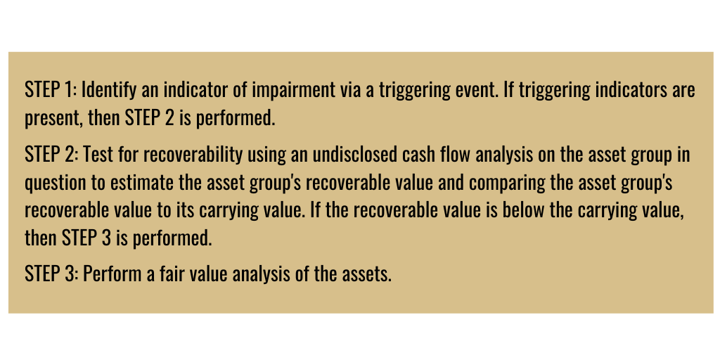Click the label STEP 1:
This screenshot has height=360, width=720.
pyautogui.click(x=51, y=90)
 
